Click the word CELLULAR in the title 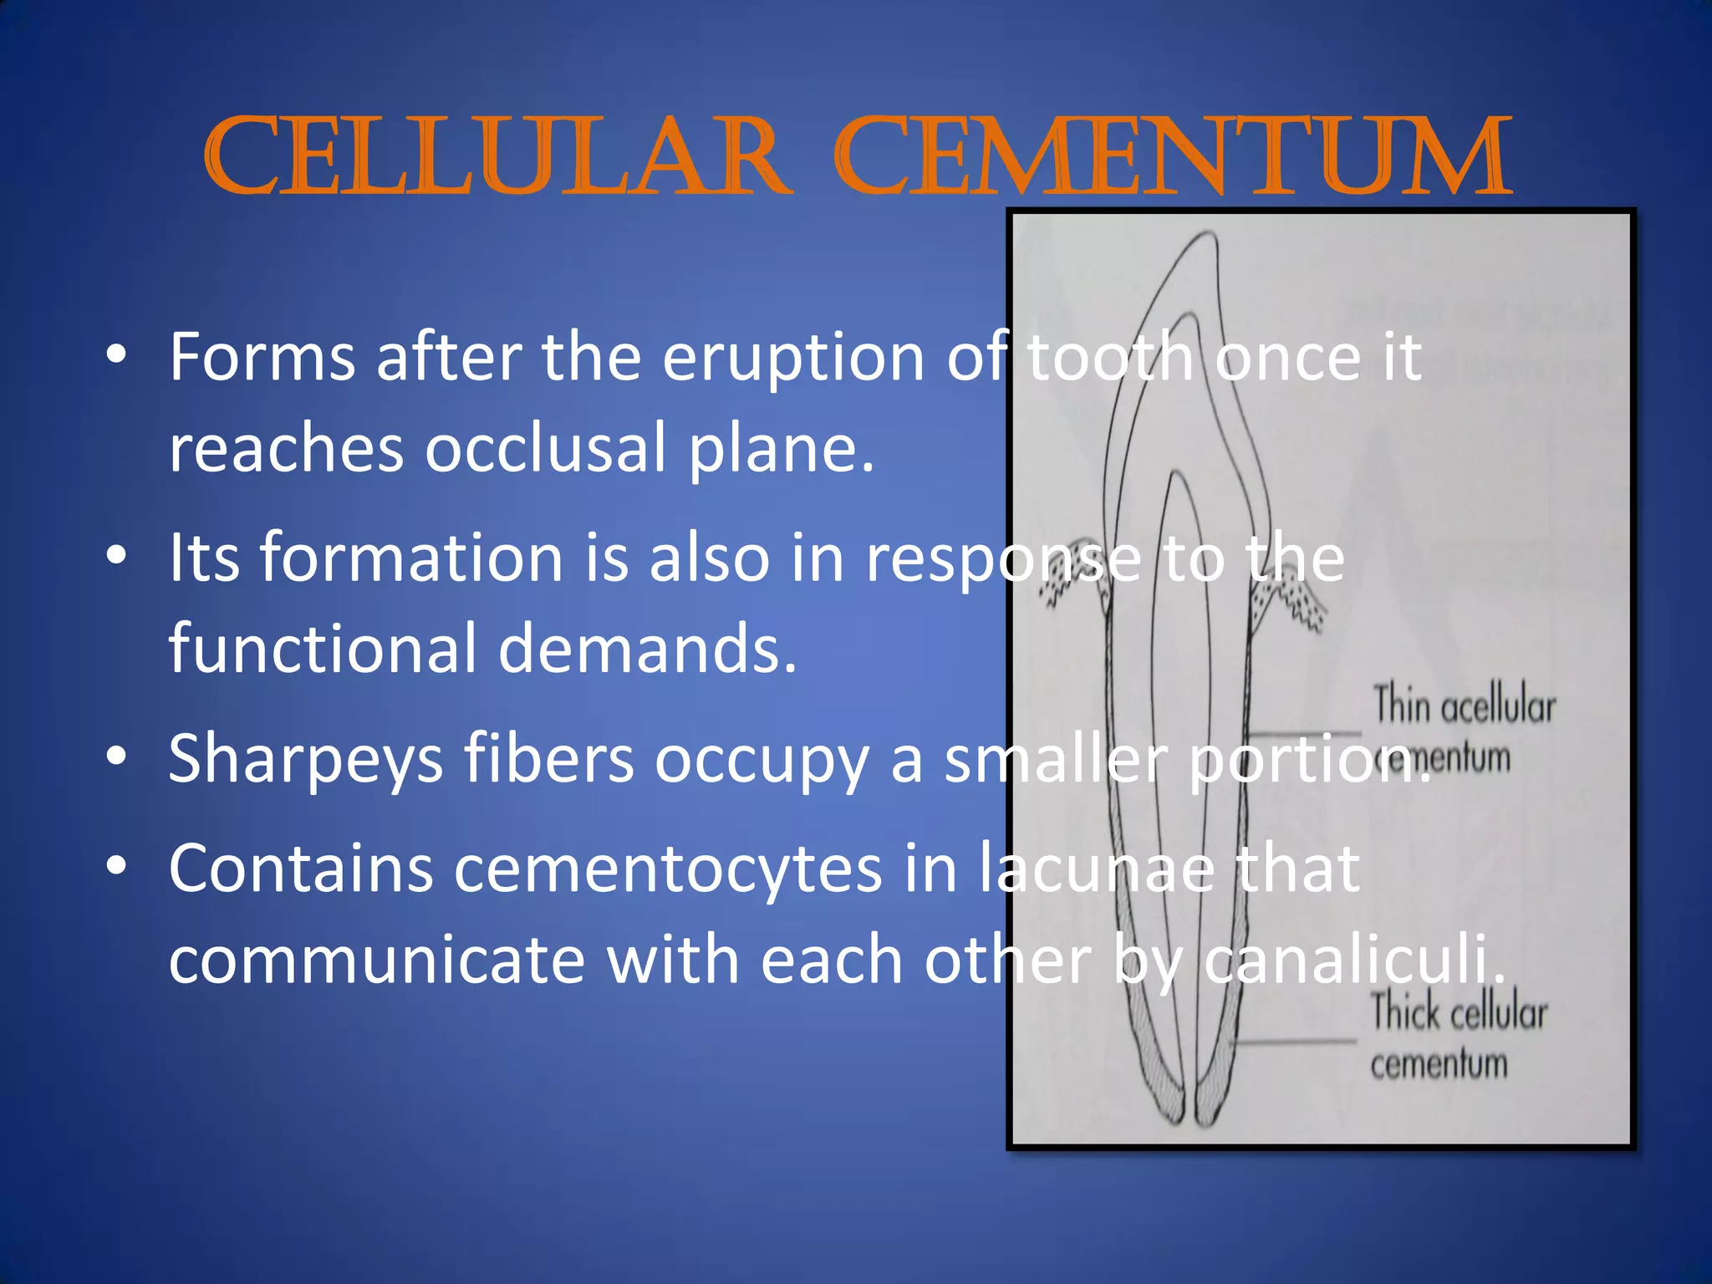pyautogui.click(x=497, y=159)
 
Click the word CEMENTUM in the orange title pyautogui.click(x=1172, y=159)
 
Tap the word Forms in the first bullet pyautogui.click(x=262, y=358)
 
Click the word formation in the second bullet pyautogui.click(x=411, y=558)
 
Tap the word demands pyautogui.click(x=648, y=650)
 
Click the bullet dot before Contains pyautogui.click(x=116, y=867)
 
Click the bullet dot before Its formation pyautogui.click(x=116, y=556)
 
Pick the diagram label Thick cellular pyautogui.click(x=1459, y=1012)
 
